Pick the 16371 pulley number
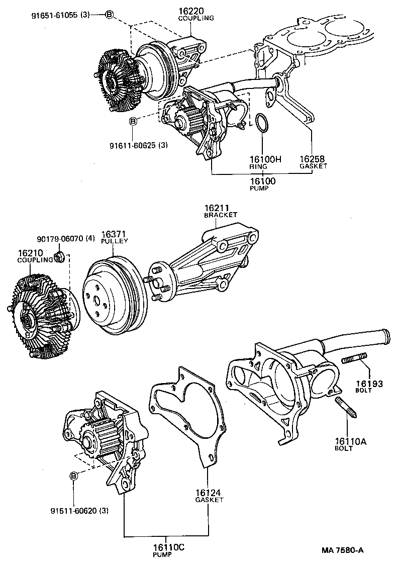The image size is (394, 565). (115, 234)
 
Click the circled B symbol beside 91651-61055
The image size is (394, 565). (109, 15)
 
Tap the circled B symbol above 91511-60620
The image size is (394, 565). (73, 476)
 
